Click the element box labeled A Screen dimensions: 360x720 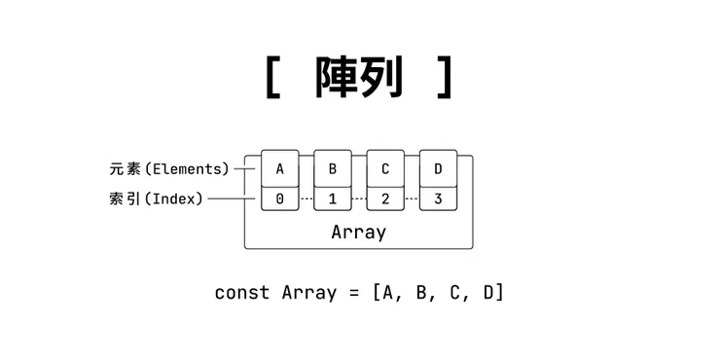coord(280,169)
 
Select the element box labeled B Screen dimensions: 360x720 coord(333,169)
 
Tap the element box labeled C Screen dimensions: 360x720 coord(385,169)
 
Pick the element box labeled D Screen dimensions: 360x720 coord(438,169)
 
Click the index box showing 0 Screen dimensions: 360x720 coord(280,198)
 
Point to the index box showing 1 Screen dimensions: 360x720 coord(333,198)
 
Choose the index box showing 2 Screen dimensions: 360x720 coord(385,198)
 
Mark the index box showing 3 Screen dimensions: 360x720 coord(438,198)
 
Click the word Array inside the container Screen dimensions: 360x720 coord(358,233)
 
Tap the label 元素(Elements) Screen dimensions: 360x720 coord(169,169)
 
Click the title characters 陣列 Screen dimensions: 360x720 coord(358,78)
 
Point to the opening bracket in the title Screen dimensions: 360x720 coord(273,78)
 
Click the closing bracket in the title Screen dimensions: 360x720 coord(445,78)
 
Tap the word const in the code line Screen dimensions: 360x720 coord(241,292)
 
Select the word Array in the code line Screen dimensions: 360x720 coord(308,292)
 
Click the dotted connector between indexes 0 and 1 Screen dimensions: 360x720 coord(306,198)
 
